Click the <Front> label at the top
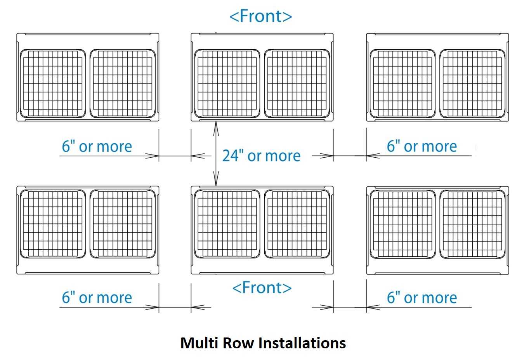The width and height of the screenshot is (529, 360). (261, 16)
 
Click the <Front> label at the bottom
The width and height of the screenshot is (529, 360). (262, 288)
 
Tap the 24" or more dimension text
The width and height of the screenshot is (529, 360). (261, 156)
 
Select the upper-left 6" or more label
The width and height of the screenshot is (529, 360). (97, 146)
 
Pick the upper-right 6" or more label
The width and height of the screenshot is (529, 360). (422, 146)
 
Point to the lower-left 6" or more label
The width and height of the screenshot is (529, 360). (97, 297)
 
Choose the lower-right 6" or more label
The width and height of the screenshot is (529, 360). (422, 297)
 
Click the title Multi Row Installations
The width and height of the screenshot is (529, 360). (263, 343)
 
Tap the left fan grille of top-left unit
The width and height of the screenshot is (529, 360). (53, 83)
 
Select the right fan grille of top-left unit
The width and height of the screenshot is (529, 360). (123, 83)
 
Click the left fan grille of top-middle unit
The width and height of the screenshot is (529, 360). (227, 83)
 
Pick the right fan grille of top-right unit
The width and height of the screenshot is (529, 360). (472, 83)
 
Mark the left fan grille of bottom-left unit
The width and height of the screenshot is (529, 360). (53, 224)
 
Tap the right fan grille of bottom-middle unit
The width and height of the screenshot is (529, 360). (297, 224)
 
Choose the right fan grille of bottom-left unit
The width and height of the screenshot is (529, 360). (123, 224)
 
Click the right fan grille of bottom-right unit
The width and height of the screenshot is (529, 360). (472, 224)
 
